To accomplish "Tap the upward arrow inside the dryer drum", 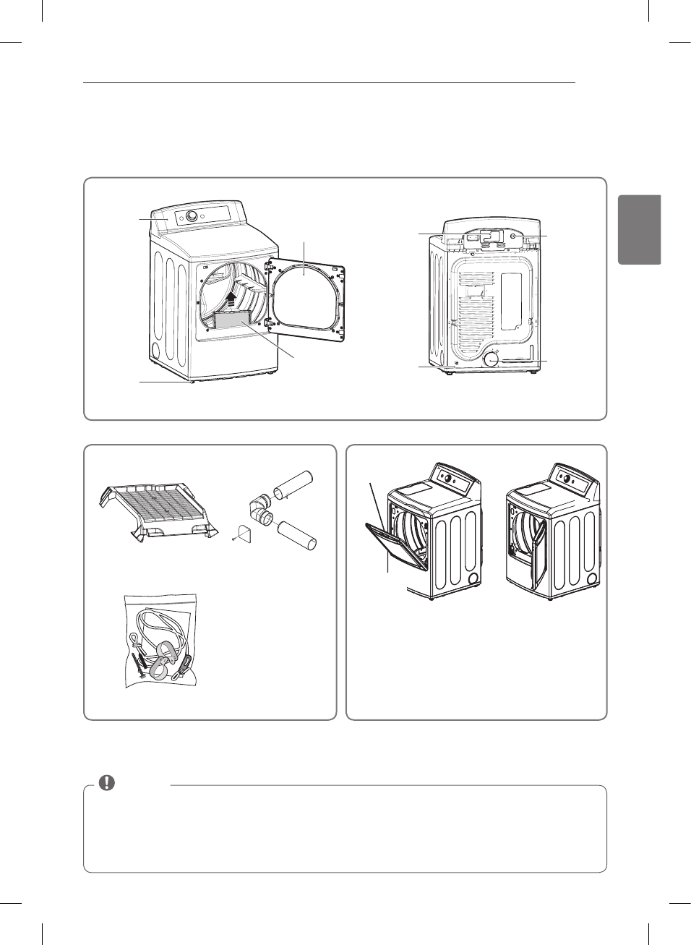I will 231,299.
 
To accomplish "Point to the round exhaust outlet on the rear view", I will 492,359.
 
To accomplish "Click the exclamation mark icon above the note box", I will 107,782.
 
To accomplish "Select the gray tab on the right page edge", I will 640,229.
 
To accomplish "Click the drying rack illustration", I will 158,510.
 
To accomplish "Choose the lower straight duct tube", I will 297,535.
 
